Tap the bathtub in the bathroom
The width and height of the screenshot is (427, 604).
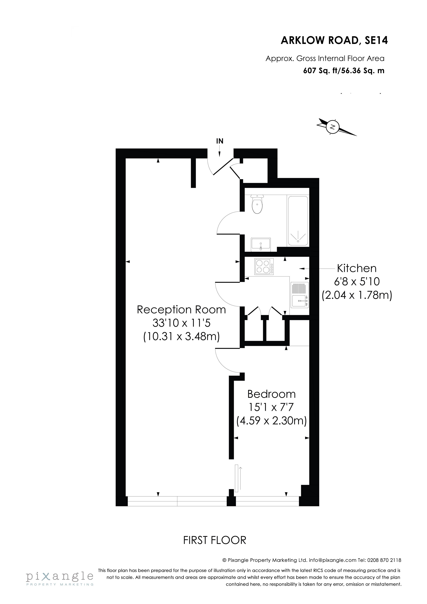point(298,221)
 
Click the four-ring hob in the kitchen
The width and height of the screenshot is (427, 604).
point(264,267)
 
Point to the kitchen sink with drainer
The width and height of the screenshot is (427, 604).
point(300,295)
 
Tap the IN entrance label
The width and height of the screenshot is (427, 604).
point(220,141)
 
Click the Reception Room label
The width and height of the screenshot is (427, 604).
point(181,310)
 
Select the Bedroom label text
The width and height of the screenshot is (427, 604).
point(272,394)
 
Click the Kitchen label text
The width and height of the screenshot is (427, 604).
point(357,268)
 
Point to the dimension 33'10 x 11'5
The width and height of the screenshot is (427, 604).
point(181,323)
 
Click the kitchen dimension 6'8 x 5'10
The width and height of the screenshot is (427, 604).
point(357,282)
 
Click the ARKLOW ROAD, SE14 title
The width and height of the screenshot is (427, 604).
point(334,40)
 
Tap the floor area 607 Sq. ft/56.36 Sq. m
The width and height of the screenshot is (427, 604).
point(344,71)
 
